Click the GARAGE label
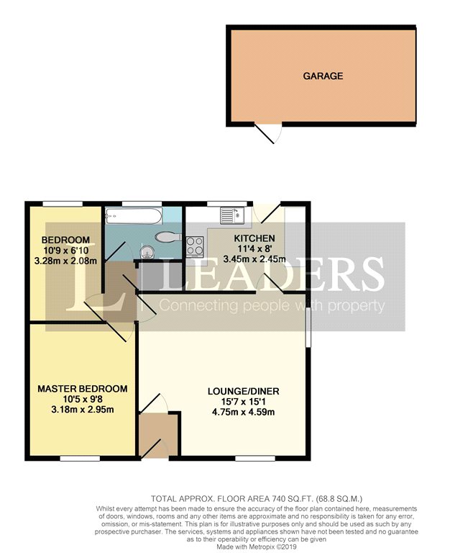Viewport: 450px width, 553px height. click(323, 76)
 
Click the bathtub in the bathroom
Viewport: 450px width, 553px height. click(134, 216)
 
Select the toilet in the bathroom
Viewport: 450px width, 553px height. click(168, 237)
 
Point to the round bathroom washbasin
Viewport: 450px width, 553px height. click(147, 252)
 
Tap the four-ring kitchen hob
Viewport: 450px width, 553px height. click(195, 246)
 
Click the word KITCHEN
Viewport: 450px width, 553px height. click(254, 238)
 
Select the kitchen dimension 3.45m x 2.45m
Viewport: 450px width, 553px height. click(254, 259)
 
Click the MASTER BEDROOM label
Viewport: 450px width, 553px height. click(83, 389)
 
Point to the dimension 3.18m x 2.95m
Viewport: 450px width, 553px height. click(83, 410)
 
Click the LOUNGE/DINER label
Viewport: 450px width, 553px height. click(243, 391)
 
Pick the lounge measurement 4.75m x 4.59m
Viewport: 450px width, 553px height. click(243, 412)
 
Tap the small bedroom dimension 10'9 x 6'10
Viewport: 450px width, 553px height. click(66, 251)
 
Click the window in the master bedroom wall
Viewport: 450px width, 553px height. click(80, 459)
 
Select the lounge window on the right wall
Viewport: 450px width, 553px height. click(308, 328)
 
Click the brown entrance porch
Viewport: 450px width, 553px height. click(158, 436)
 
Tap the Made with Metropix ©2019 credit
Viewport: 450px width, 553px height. click(257, 547)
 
